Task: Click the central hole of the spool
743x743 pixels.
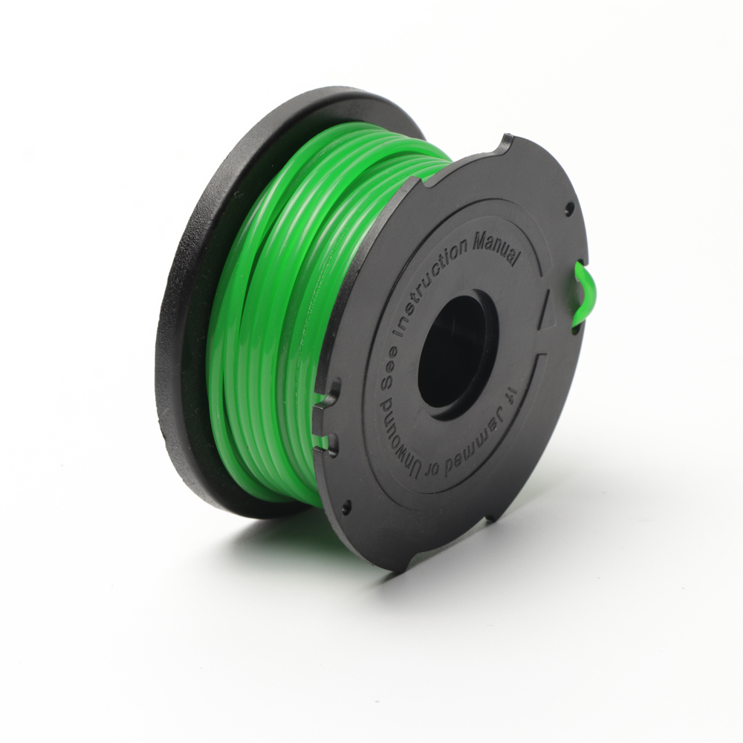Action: tap(455, 351)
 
